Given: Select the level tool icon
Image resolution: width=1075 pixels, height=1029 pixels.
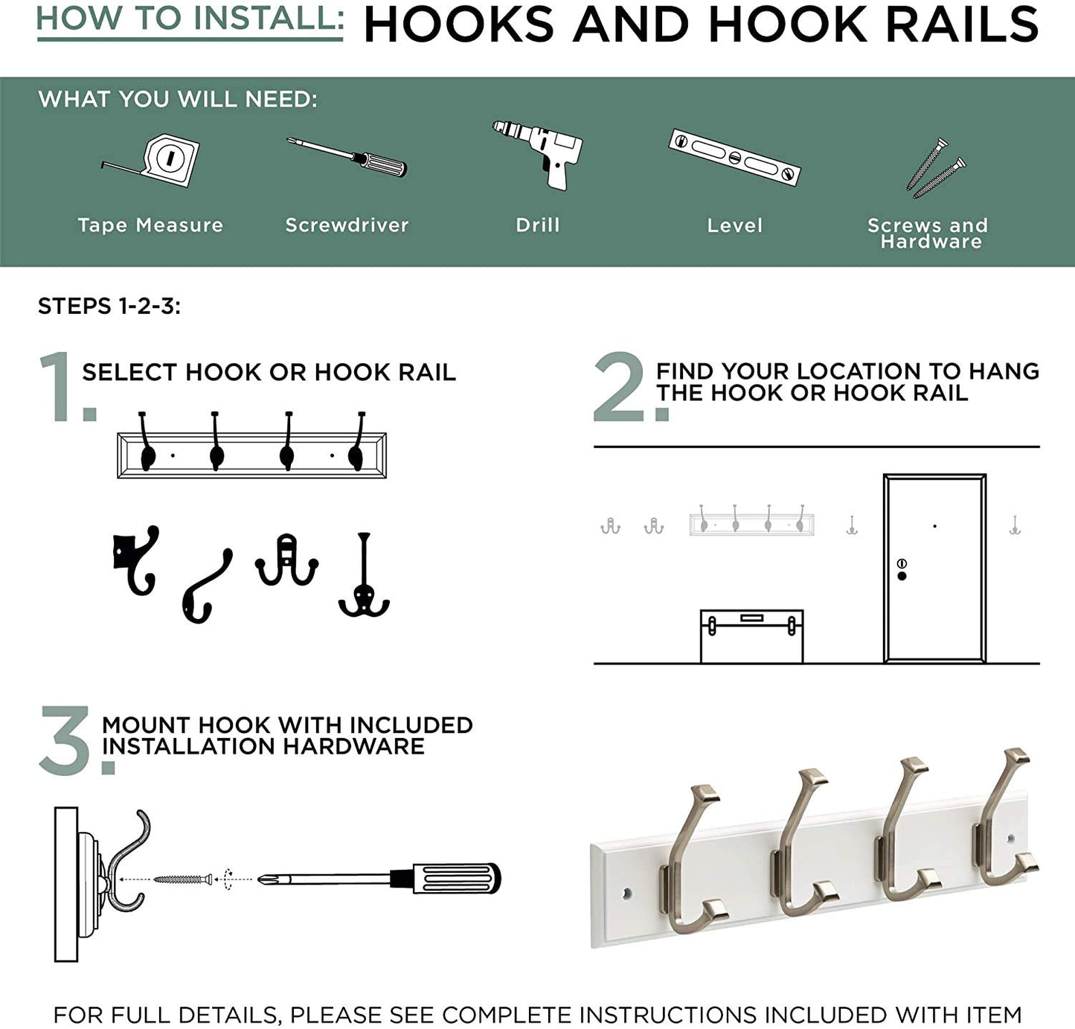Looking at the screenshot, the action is pyautogui.click(x=734, y=157).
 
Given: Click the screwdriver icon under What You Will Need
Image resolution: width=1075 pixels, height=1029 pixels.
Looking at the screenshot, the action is pyautogui.click(x=347, y=157).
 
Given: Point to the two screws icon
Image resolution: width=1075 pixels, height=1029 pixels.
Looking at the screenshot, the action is pyautogui.click(x=936, y=168).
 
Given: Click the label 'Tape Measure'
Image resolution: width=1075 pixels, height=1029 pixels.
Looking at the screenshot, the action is pyautogui.click(x=150, y=225).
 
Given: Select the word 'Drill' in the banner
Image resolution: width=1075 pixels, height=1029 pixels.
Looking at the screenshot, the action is pyautogui.click(x=537, y=225).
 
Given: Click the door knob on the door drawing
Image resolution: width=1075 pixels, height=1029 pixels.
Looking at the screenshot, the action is pyautogui.click(x=902, y=577).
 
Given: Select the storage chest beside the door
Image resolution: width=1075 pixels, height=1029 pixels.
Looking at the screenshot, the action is pyautogui.click(x=752, y=636).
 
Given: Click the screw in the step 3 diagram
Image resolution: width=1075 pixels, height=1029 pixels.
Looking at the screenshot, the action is pyautogui.click(x=183, y=879).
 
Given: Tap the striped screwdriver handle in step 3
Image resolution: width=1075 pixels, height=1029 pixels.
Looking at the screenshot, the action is pyautogui.click(x=453, y=878).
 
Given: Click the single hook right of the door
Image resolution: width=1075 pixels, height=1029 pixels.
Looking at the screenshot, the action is pyautogui.click(x=1015, y=525).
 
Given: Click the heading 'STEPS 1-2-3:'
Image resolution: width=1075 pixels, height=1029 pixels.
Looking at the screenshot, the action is pyautogui.click(x=109, y=306).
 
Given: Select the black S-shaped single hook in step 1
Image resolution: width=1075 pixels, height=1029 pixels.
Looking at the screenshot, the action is pyautogui.click(x=207, y=586).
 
